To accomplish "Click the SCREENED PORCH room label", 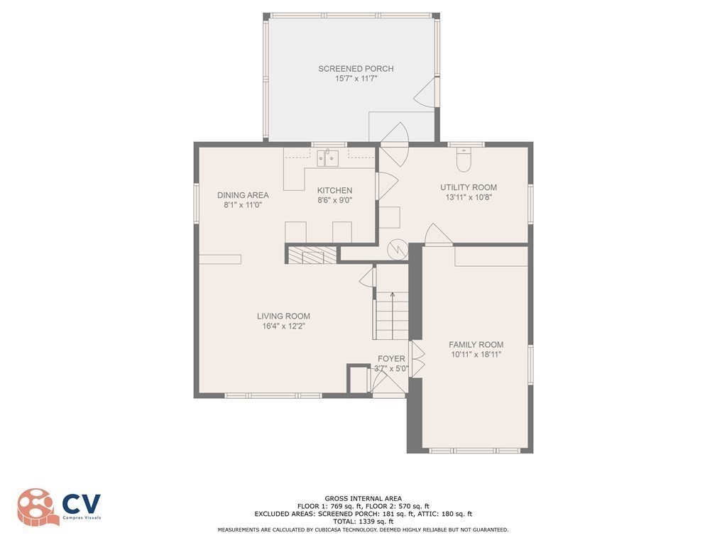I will pyautogui.click(x=355, y=69).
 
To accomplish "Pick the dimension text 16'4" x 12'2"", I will pyautogui.click(x=283, y=326).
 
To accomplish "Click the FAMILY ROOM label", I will pyautogui.click(x=476, y=344).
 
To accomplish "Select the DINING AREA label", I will pyautogui.click(x=243, y=195).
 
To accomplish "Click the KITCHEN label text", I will pyautogui.click(x=334, y=191).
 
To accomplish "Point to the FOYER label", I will pyautogui.click(x=391, y=359).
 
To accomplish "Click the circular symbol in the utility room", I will pyautogui.click(x=396, y=248).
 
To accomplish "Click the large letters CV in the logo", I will pyautogui.click(x=82, y=505).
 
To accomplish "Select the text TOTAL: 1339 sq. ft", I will pyautogui.click(x=363, y=522).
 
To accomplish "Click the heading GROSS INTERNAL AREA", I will pyautogui.click(x=363, y=498).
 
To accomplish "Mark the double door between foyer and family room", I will pyautogui.click(x=417, y=358).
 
